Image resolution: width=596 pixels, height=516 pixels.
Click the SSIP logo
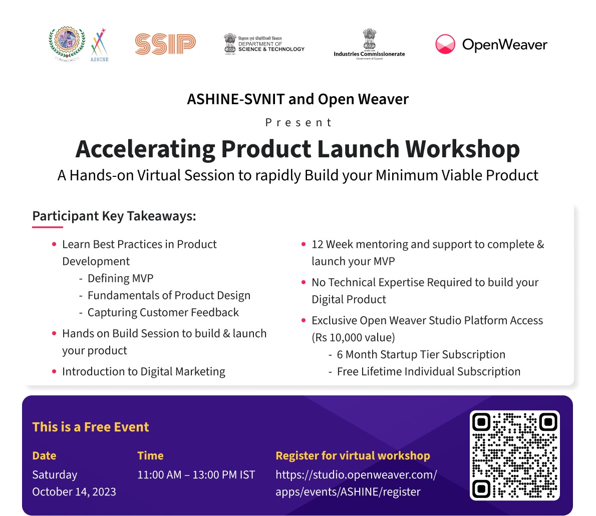pyautogui.click(x=165, y=44)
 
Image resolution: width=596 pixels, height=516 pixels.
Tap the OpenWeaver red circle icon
pyautogui.click(x=445, y=44)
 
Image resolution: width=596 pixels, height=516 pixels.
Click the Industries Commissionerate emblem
pyautogui.click(x=369, y=39)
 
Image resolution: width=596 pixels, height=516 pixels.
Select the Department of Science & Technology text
pyautogui.click(x=271, y=44)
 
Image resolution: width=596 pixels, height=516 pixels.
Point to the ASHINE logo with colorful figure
pyautogui.click(x=100, y=45)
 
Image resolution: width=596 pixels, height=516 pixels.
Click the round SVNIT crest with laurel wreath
pyautogui.click(x=67, y=44)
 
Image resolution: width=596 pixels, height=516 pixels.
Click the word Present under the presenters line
pyautogui.click(x=299, y=122)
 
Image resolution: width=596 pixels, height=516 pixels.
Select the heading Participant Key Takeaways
pyautogui.click(x=114, y=216)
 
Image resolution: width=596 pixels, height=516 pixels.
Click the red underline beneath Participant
pyautogui.click(x=48, y=227)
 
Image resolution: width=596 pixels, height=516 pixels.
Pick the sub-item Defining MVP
pyautogui.click(x=121, y=279)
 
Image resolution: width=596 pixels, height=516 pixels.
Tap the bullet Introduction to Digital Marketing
pyautogui.click(x=144, y=372)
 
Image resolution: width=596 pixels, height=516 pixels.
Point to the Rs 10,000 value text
pyautogui.click(x=354, y=338)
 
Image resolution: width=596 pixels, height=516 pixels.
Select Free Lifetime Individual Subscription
pyautogui.click(x=429, y=372)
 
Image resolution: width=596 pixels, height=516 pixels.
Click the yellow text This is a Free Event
pyautogui.click(x=91, y=427)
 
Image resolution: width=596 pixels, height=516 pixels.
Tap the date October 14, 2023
pyautogui.click(x=74, y=491)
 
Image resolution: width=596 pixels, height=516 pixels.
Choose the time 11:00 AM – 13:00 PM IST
pyautogui.click(x=196, y=474)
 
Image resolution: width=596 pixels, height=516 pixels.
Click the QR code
pyautogui.click(x=515, y=455)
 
